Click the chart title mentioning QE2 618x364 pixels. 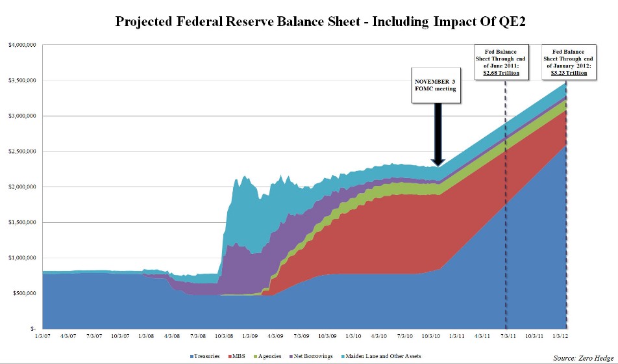point(320,21)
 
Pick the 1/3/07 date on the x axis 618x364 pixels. point(43,336)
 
